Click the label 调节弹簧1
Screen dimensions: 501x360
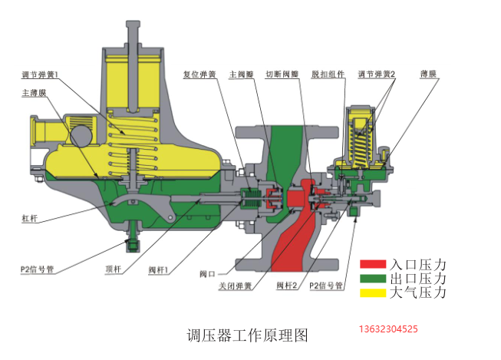[40, 75]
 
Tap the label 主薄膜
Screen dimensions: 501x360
[34, 93]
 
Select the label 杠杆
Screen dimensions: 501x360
[30, 218]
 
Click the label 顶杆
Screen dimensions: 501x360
[114, 269]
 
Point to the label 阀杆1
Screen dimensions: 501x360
[158, 270]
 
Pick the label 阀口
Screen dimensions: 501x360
[207, 274]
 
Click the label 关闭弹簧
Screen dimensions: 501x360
[236, 286]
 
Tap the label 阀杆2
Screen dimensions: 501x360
[287, 286]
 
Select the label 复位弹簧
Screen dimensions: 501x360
[199, 74]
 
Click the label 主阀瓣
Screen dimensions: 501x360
[242, 74]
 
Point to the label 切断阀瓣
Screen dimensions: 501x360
[282, 74]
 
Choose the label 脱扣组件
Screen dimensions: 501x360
[328, 74]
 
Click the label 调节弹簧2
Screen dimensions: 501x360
[377, 74]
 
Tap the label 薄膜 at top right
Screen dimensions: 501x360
[428, 74]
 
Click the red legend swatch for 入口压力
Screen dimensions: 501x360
[373, 264]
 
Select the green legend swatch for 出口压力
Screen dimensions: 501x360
[373, 279]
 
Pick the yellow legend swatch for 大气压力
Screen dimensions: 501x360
[373, 293]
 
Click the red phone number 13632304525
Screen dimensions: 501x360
[388, 329]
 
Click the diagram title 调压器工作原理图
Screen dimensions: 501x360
[247, 335]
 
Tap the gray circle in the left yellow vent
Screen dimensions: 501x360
[81, 136]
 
